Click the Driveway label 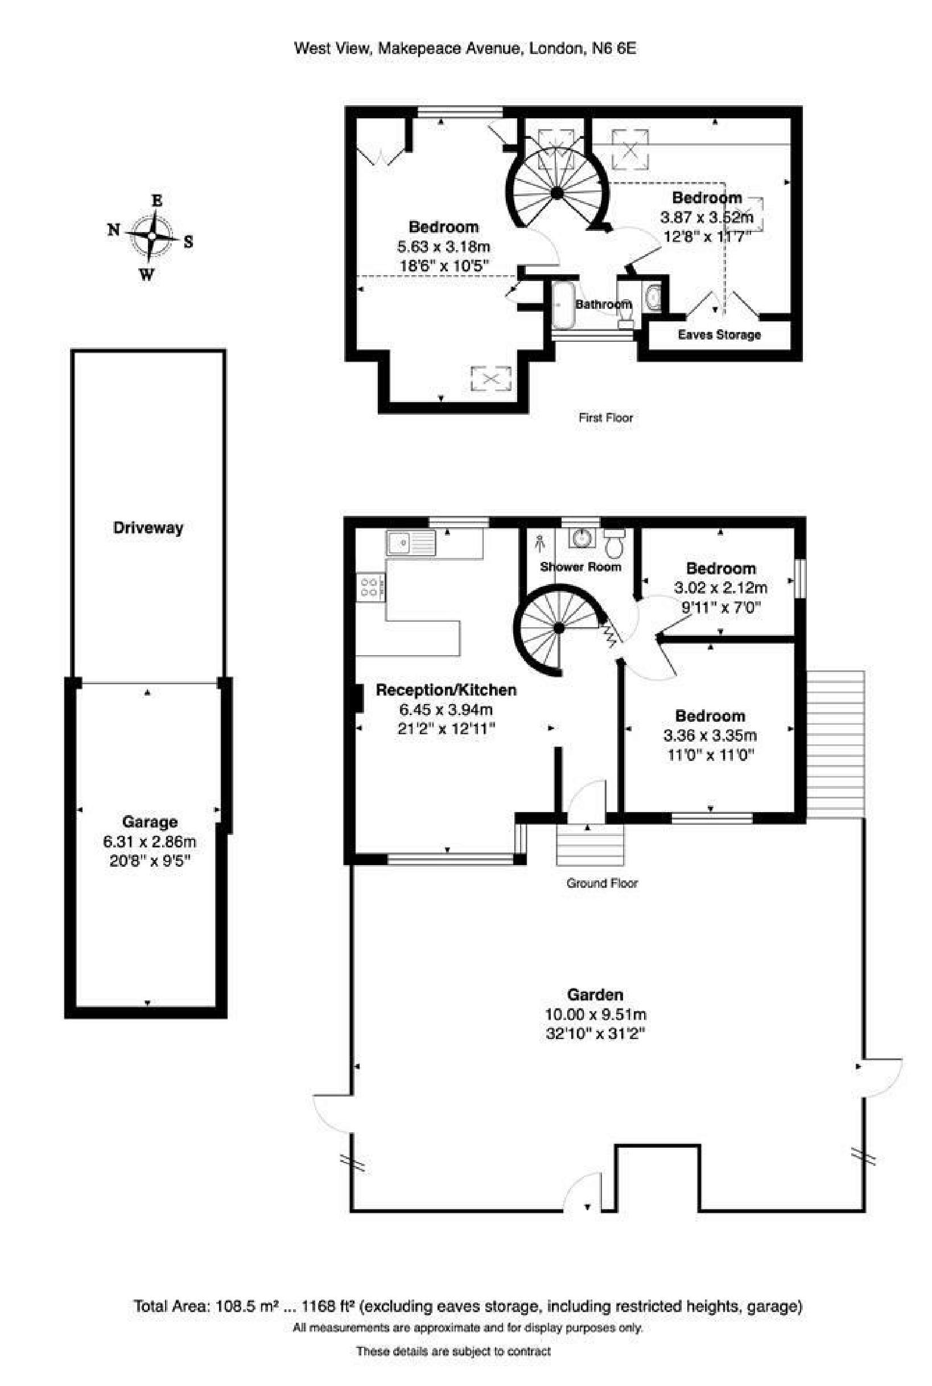coord(148,528)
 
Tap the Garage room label coord(150,822)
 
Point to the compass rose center coord(152,236)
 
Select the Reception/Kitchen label coord(447,690)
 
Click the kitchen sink coord(411,543)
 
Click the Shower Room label coord(580,567)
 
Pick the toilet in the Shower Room coord(613,541)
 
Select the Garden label coord(595,994)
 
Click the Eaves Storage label coord(719,334)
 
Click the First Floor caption coord(605,417)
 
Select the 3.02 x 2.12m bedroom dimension coord(720,588)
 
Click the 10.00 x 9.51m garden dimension coord(596,1014)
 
